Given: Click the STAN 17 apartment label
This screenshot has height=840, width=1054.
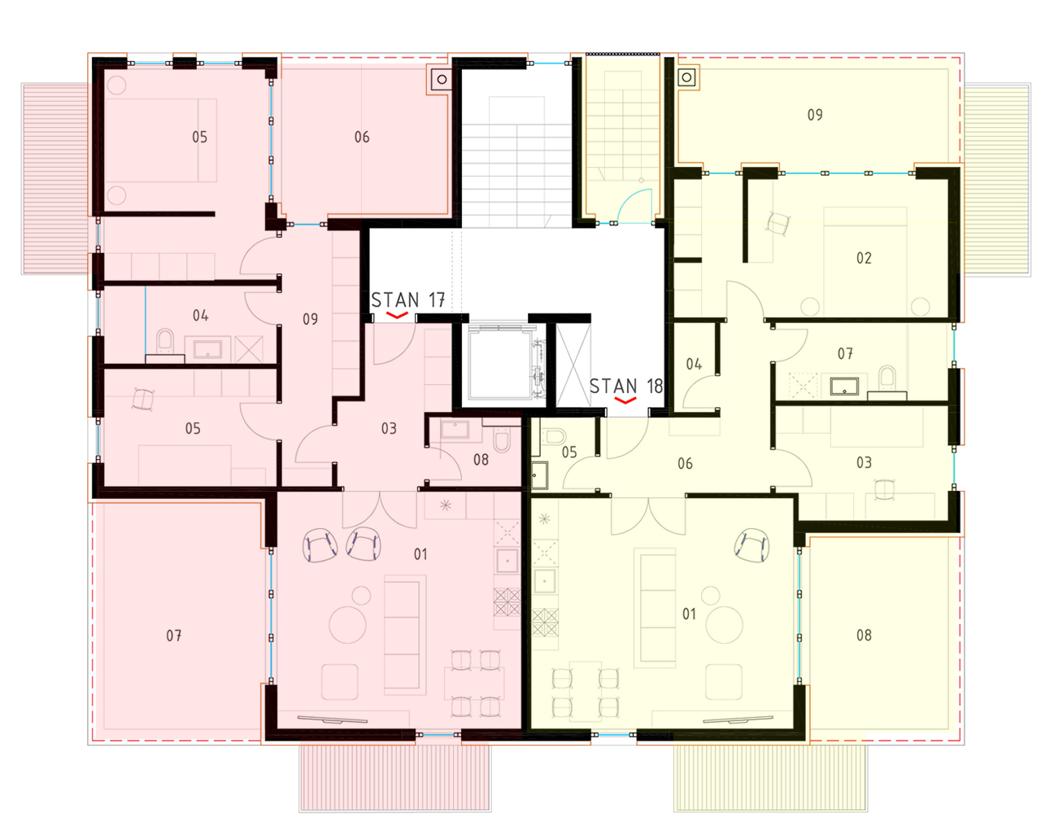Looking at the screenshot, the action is [x=407, y=300].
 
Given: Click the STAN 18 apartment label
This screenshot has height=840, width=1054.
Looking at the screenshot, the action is [x=626, y=387].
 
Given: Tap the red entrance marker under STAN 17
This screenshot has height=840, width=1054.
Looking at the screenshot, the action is [x=397, y=315].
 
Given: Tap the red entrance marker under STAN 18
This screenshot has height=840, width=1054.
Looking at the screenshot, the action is [x=625, y=400].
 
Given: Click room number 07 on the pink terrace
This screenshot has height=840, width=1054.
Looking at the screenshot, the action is [x=174, y=636].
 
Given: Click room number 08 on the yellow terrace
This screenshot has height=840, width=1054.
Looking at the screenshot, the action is [x=864, y=635].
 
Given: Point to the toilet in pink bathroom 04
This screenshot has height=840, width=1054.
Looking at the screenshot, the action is [x=165, y=341].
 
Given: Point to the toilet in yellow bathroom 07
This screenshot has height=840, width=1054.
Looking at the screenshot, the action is [x=887, y=379].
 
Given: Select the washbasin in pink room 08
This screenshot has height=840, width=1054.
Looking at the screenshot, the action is [x=455, y=430].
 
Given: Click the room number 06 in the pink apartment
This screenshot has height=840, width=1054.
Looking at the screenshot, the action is [x=362, y=137].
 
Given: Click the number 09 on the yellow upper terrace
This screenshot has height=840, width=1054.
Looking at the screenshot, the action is [x=815, y=115].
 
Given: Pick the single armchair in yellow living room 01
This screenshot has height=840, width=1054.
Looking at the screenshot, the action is [x=751, y=545].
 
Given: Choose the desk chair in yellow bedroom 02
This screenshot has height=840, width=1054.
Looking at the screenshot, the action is [x=778, y=224].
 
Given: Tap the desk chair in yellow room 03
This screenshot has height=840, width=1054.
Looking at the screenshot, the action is [x=885, y=489].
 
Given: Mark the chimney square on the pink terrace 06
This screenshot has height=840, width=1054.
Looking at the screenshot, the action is [x=442, y=79].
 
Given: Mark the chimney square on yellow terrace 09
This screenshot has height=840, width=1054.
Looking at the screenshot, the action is [x=686, y=77].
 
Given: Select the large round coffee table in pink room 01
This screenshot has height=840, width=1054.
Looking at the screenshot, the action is [x=348, y=625].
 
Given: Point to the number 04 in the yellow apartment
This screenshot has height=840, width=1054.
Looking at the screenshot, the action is [x=694, y=364].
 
